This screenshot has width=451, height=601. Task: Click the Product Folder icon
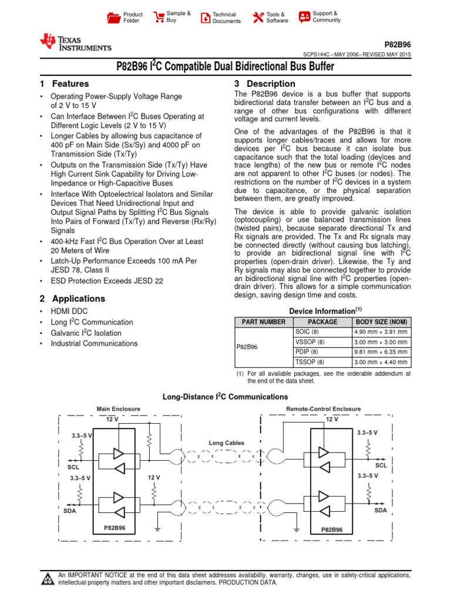[113, 18]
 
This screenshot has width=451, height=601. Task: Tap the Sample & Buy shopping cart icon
[159, 17]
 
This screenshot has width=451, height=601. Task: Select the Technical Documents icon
[205, 18]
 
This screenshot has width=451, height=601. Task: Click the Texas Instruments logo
[75, 43]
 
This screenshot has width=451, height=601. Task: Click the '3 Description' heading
[264, 84]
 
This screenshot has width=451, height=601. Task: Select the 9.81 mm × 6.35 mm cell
[381, 352]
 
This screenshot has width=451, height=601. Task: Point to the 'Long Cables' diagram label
[226, 443]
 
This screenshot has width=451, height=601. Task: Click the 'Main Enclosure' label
[118, 408]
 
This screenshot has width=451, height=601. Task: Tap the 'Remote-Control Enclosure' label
[324, 408]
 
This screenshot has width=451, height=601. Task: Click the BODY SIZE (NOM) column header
[381, 322]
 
